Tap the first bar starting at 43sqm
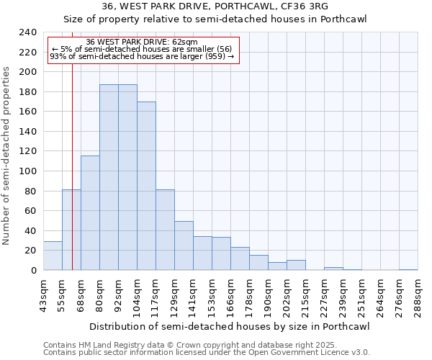point(53,256)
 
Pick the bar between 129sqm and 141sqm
point(184,246)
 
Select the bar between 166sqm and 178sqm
point(240,258)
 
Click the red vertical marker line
point(72,180)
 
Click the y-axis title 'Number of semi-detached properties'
point(7,156)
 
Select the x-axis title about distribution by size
point(230,327)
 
